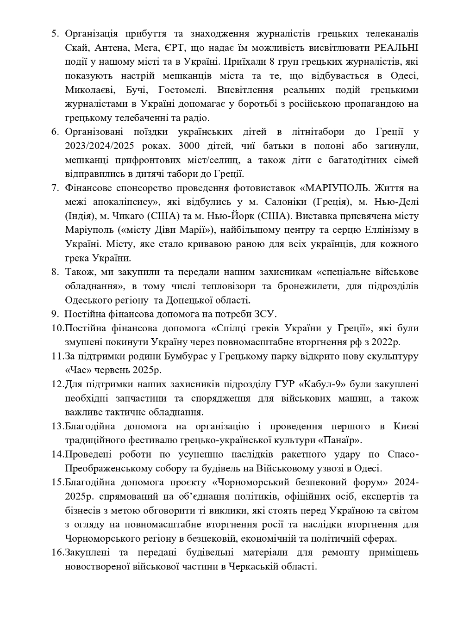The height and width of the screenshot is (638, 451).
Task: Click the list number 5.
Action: pyautogui.click(x=55, y=34)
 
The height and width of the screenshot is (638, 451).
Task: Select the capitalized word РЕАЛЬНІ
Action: pyautogui.click(x=396, y=48)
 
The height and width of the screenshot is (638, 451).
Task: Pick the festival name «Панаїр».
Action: pyautogui.click(x=340, y=440)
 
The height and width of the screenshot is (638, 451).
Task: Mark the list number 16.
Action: pyautogui.click(x=57, y=552)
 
